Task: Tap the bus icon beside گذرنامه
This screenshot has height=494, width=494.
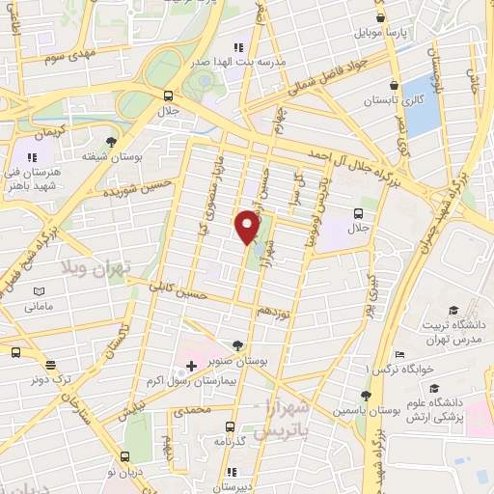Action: coord(229,426)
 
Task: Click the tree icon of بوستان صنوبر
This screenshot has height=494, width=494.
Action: coord(237,344)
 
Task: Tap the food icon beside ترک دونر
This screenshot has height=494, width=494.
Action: coord(15,352)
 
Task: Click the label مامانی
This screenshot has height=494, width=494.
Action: coord(39,307)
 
